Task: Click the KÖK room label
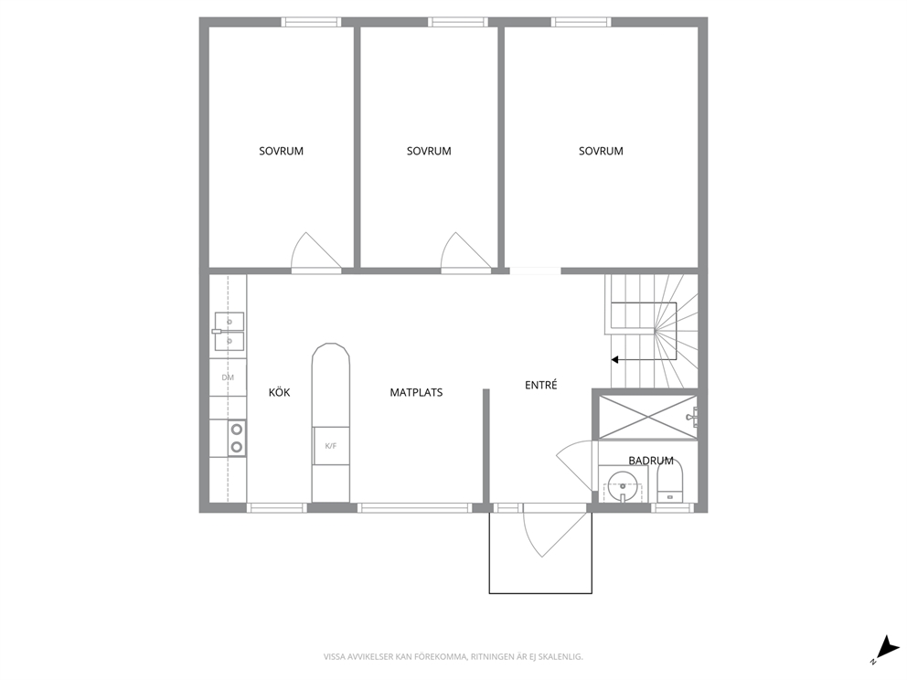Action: (280, 392)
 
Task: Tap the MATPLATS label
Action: (416, 393)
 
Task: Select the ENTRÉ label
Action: (541, 385)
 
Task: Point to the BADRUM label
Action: (651, 461)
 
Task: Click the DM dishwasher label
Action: (228, 377)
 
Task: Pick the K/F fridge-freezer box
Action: (331, 445)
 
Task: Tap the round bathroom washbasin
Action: (622, 484)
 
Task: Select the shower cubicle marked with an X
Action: (647, 417)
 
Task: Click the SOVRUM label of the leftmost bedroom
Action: (281, 151)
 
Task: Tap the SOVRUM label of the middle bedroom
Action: (429, 151)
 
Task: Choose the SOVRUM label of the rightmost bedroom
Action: (601, 151)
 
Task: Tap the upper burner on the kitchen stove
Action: (237, 429)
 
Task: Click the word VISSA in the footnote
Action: (333, 657)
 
